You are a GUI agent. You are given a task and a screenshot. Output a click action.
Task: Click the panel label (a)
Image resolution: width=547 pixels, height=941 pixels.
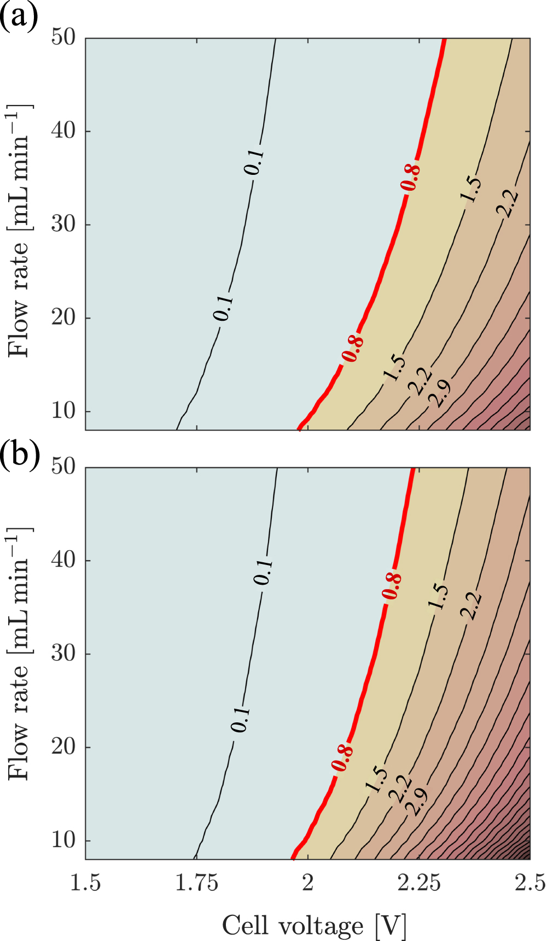20,16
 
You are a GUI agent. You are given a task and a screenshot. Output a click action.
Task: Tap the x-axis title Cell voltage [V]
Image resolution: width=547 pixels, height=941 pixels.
315,925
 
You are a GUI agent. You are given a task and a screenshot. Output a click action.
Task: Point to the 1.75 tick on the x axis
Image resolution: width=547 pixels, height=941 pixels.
197,883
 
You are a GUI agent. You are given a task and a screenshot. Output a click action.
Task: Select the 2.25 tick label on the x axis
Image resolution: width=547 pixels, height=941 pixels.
419,883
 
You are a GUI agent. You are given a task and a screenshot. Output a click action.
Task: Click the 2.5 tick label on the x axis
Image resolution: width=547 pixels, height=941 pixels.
529,883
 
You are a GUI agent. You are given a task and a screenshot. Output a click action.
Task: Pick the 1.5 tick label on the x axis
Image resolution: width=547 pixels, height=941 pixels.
86,883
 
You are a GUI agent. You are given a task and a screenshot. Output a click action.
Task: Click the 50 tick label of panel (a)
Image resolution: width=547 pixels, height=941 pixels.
63,38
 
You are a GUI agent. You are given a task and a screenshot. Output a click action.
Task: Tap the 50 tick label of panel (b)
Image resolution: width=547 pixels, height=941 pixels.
63,467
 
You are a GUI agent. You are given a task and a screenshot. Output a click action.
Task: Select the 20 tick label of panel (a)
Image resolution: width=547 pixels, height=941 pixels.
63,317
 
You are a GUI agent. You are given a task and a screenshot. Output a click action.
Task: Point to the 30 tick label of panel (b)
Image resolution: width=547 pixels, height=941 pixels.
63,654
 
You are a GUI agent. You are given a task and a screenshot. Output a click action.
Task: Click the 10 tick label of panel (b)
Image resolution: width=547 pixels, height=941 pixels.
63,840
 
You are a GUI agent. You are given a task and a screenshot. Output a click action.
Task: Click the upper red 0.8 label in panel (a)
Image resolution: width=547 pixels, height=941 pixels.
411,178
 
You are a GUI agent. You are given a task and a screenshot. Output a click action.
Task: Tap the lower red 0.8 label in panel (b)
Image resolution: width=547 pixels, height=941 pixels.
342,758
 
